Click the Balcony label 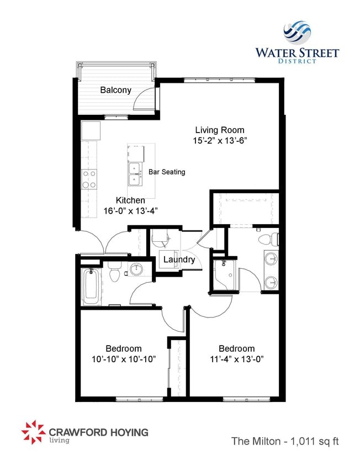coord(115,90)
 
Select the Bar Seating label coord(167,172)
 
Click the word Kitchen coord(130,200)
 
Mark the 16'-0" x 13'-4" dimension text coord(130,211)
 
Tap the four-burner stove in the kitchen coord(89,179)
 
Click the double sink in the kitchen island coord(134,173)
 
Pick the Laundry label coord(178,260)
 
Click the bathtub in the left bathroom coord(91,286)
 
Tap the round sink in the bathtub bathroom coord(136,271)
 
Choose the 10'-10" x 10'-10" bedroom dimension coord(124,359)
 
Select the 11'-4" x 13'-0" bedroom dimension coord(236,359)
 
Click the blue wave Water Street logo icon coord(297,32)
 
